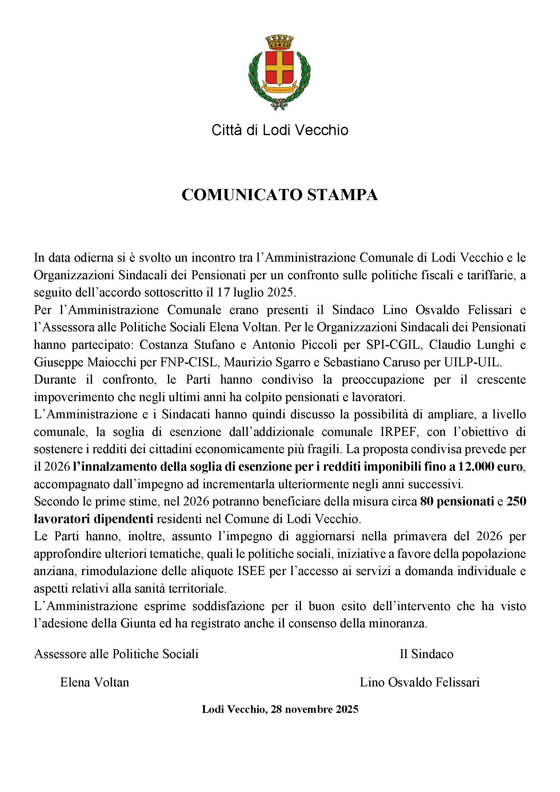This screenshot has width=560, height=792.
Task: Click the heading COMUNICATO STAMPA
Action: (x=280, y=195)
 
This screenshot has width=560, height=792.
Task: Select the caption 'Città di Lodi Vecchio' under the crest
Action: (x=280, y=131)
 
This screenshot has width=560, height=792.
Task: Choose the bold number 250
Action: (x=516, y=501)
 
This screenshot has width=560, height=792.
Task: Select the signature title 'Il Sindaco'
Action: (x=426, y=654)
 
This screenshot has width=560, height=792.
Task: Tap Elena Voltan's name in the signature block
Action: (x=94, y=682)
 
